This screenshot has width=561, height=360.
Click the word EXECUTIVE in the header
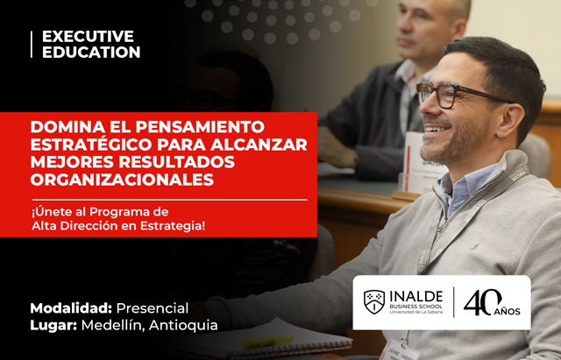coord(88,37)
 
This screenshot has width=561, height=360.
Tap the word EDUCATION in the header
coord(91,53)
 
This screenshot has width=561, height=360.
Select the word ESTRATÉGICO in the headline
coord(91,145)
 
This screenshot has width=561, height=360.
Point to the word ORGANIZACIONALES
coord(122,180)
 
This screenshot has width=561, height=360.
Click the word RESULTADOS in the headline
coord(177,162)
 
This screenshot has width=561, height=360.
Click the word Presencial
coord(153,308)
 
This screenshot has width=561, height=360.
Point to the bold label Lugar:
coord(53,325)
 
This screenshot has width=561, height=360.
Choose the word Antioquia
coord(183,325)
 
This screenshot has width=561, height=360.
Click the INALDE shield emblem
coord(374,302)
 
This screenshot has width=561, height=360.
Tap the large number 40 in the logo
coord(482,302)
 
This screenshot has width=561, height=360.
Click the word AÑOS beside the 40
coord(508,311)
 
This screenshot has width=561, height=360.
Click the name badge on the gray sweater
coord(400,350)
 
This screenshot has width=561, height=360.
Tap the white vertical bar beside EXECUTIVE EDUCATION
coord(32,45)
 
